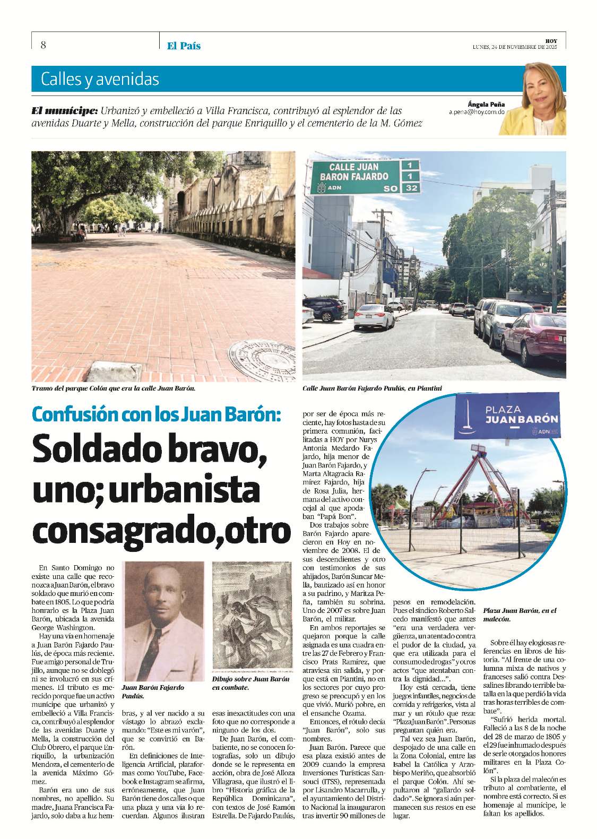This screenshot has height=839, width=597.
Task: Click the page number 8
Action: click(43, 45)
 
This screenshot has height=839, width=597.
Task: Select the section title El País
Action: click(184, 46)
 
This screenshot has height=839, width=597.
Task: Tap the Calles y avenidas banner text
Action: click(100, 80)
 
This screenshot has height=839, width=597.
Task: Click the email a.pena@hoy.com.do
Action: click(477, 113)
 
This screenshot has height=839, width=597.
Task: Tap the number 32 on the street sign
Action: click(411, 188)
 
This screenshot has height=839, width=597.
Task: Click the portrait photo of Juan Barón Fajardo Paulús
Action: click(163, 621)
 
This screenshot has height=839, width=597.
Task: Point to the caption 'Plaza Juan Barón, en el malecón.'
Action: click(519, 615)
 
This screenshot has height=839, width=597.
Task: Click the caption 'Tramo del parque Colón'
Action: click(114, 388)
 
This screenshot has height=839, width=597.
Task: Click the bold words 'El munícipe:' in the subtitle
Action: click(65, 111)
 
